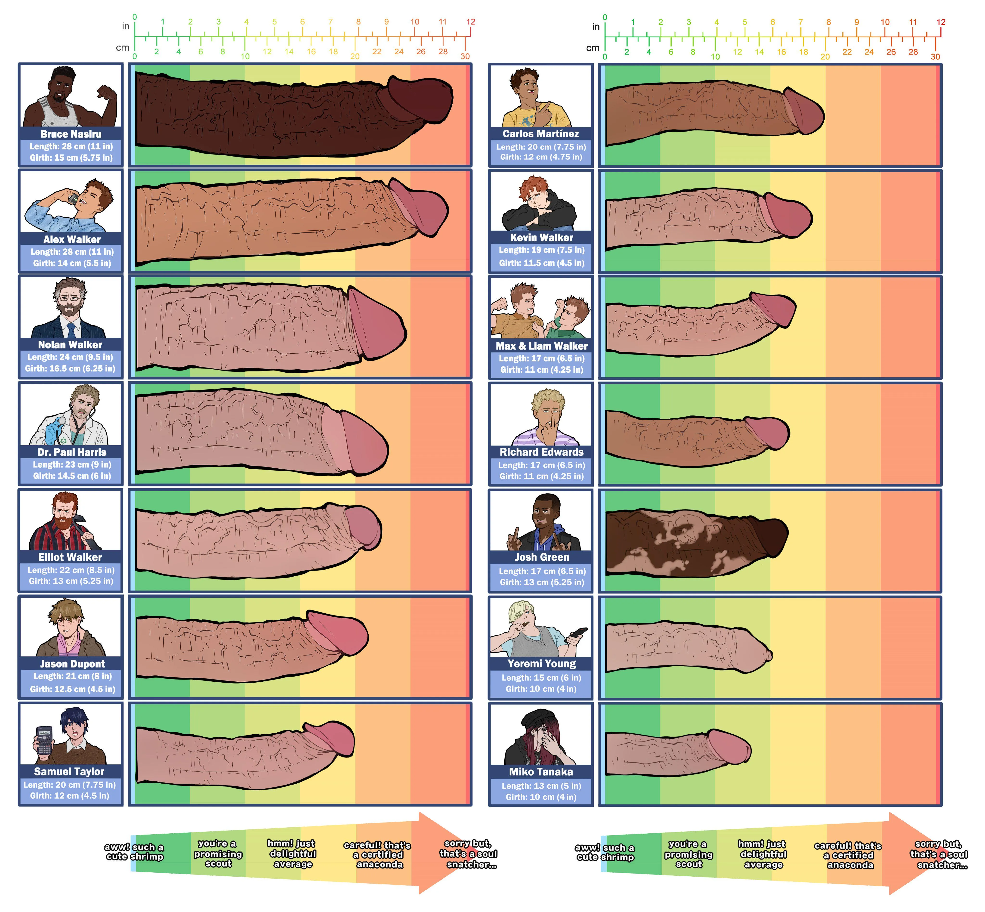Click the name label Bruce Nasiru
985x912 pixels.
tap(71, 134)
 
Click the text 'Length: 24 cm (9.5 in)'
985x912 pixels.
tap(70, 357)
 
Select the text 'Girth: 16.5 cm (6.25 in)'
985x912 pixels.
tap(70, 368)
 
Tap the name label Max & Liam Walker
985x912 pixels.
tap(541, 346)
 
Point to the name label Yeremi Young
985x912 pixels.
tap(541, 663)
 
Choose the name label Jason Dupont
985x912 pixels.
tap(72, 664)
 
